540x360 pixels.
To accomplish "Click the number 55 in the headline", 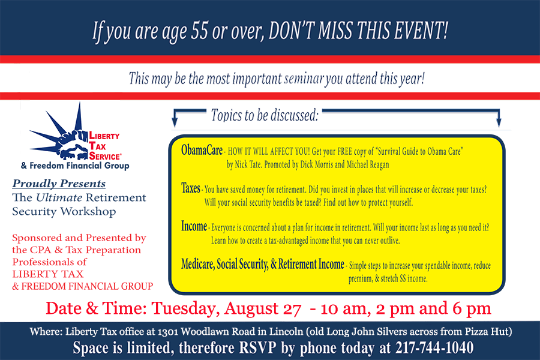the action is pyautogui.click(x=200, y=31).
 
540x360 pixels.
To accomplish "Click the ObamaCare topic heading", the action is pyautogui.click(x=202, y=150).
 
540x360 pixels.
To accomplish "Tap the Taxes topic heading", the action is pyautogui.click(x=190, y=188).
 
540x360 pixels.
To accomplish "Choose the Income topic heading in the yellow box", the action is pyautogui.click(x=194, y=226).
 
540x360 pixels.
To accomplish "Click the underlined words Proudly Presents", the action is pyautogui.click(x=59, y=184).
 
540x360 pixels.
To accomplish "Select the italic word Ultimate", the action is pyautogui.click(x=59, y=197).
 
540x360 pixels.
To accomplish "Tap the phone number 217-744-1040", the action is pyautogui.click(x=434, y=347).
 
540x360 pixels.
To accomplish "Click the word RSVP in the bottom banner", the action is pyautogui.click(x=258, y=347).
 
